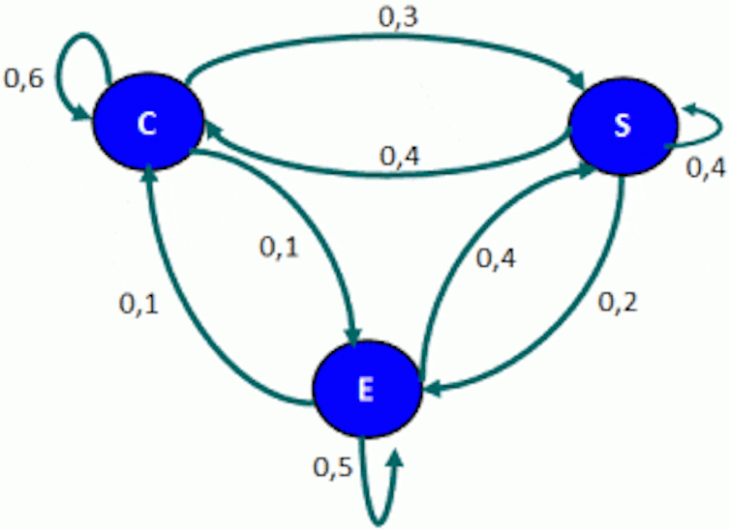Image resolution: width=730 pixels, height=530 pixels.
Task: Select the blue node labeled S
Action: pos(622,127)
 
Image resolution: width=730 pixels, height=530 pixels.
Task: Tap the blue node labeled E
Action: pos(365,389)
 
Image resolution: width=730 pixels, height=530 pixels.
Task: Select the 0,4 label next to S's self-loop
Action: pos(705,166)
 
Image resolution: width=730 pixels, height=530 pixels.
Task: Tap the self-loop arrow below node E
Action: pos(383,488)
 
